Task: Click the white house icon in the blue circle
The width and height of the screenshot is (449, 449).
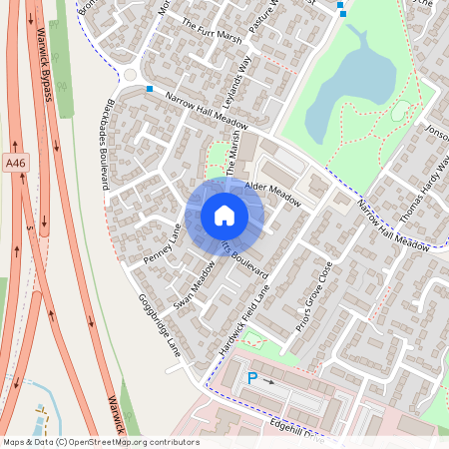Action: (224, 216)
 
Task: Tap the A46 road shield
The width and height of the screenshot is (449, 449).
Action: (14, 163)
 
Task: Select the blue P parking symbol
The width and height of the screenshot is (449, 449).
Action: (252, 378)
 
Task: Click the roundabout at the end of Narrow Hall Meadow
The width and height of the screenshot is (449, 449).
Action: (131, 74)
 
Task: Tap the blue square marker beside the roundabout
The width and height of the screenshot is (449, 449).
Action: (150, 89)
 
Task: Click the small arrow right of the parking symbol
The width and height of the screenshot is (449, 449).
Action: (269, 380)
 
